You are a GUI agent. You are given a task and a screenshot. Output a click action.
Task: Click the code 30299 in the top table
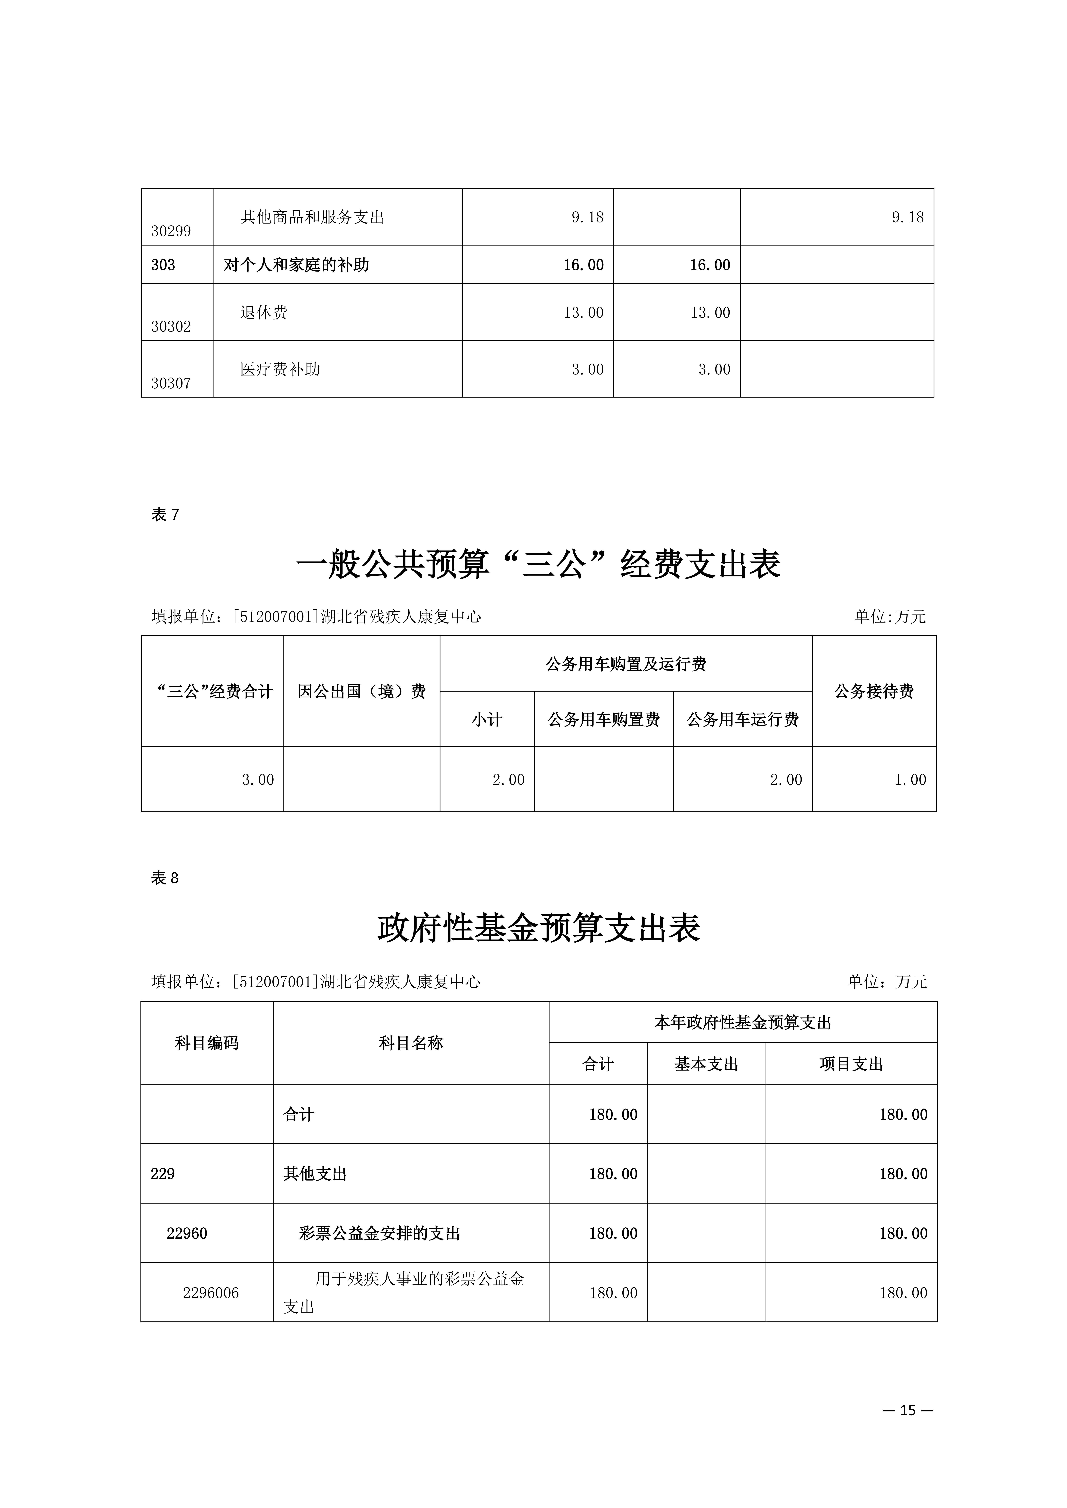[171, 231]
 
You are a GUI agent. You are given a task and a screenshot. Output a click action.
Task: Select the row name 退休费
[263, 313]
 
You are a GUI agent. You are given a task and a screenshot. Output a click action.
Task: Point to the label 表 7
[165, 515]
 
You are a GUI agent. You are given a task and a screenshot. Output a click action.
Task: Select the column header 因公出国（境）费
[361, 692]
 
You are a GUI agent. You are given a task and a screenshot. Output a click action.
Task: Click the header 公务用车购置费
[603, 720]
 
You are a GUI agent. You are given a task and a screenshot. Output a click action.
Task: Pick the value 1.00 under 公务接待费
[910, 780]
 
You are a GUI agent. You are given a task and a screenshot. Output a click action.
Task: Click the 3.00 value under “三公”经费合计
[258, 780]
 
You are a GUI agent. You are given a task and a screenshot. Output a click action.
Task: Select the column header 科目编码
[207, 1043]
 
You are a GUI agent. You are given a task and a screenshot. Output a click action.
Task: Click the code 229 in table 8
[163, 1174]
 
